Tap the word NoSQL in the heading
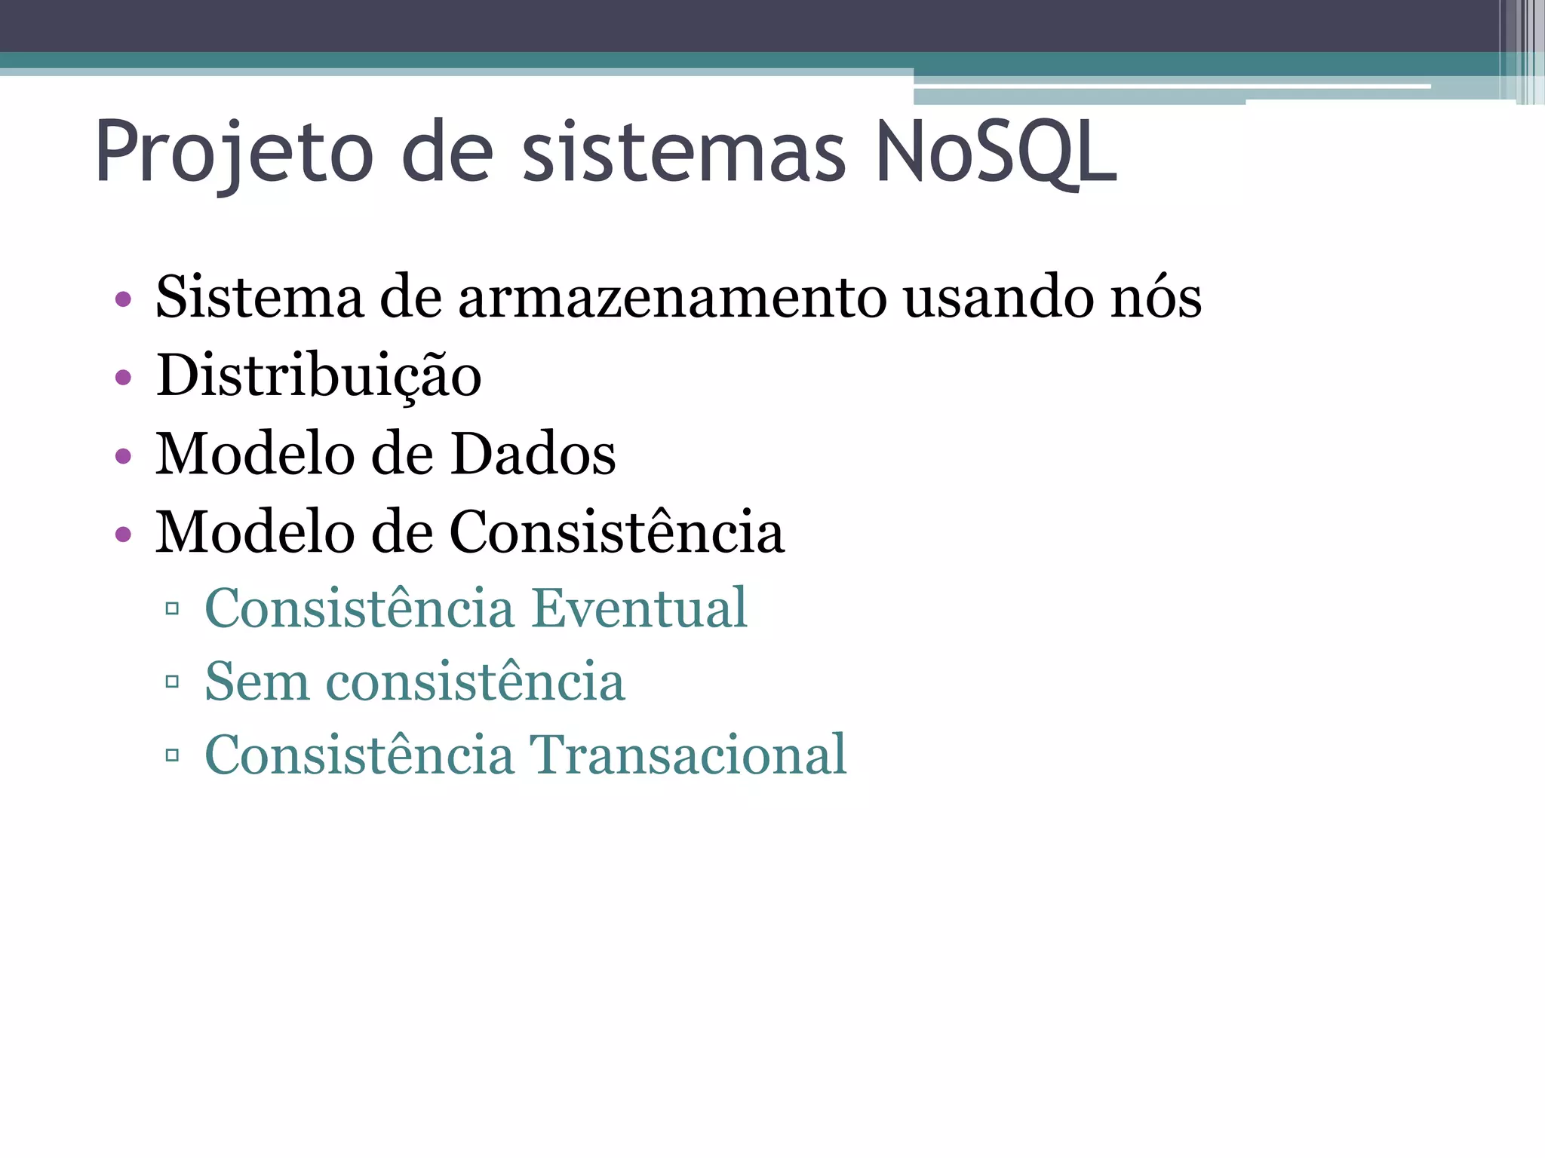996,153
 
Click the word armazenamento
672,298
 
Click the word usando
998,298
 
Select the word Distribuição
318,376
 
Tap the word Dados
533,455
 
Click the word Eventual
639,608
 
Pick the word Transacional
687,755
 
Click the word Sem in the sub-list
257,682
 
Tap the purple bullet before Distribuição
123,377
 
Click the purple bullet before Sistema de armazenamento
123,299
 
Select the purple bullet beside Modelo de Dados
123,456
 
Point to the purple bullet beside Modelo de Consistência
123,535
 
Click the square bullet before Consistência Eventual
172,608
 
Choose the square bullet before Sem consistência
172,682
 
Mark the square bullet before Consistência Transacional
172,755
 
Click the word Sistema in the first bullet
259,298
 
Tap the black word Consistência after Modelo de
617,532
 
